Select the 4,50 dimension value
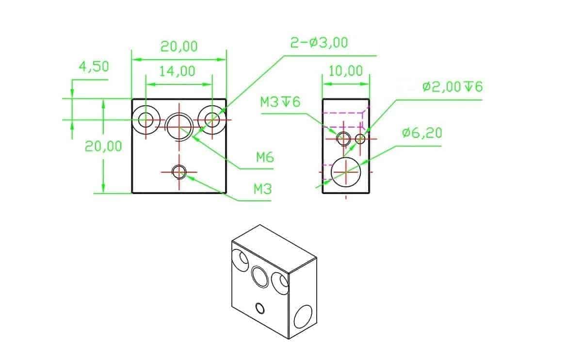point(94,66)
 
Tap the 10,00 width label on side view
point(346,71)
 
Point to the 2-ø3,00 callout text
point(319,43)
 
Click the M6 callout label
point(265,157)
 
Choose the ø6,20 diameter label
point(422,133)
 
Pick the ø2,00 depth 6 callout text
point(452,87)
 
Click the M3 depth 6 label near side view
point(280,102)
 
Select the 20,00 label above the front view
point(179,47)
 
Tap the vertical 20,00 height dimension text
point(103,146)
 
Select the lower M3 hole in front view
point(179,171)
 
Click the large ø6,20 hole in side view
point(346,171)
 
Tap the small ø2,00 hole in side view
point(360,139)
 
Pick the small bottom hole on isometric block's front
point(259,308)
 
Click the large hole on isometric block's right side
point(304,317)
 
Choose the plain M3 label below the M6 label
point(262,189)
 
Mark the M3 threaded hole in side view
point(344,138)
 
